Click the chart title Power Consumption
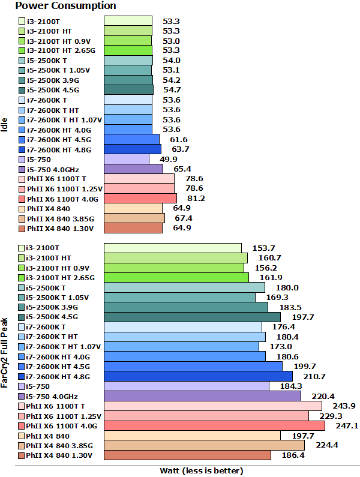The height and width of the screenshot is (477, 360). click(x=58, y=6)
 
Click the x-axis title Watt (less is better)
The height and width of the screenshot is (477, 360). click(x=202, y=470)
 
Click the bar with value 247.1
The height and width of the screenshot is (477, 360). click(x=214, y=425)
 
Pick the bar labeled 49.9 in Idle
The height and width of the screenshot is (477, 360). click(x=126, y=159)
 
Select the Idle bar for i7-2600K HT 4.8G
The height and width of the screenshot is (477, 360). click(x=132, y=149)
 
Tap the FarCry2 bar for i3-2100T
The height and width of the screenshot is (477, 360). click(x=172, y=248)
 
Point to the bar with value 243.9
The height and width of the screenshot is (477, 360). click(x=213, y=406)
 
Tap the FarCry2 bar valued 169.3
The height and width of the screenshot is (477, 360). click(x=179, y=297)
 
